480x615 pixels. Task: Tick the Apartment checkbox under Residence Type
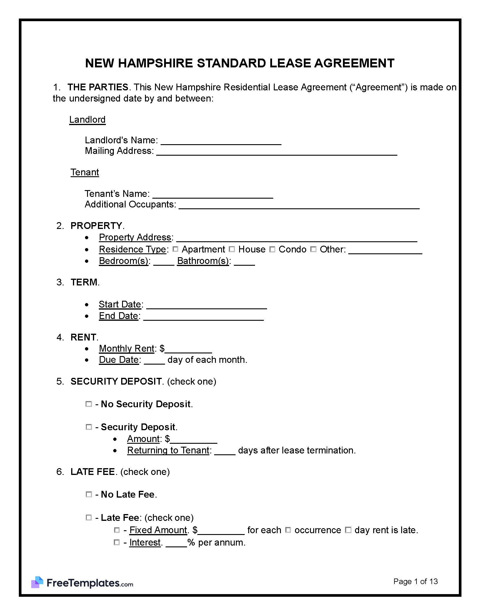point(175,249)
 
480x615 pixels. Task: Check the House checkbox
point(232,249)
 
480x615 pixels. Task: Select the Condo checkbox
point(272,249)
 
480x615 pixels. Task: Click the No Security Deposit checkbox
point(89,404)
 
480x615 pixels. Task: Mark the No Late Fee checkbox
point(89,494)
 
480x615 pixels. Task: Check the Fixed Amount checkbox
point(117,530)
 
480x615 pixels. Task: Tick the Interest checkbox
point(117,542)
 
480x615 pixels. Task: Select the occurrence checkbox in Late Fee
point(288,530)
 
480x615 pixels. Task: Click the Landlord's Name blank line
point(221,141)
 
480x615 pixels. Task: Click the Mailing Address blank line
point(276,152)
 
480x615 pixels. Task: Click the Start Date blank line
point(206,305)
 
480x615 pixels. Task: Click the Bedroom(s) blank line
point(164,262)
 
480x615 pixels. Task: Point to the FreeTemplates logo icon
point(37,582)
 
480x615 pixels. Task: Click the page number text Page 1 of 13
point(415,581)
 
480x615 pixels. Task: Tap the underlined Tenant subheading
point(85,172)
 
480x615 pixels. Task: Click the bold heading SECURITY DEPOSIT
point(116,381)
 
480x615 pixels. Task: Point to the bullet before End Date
point(86,316)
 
